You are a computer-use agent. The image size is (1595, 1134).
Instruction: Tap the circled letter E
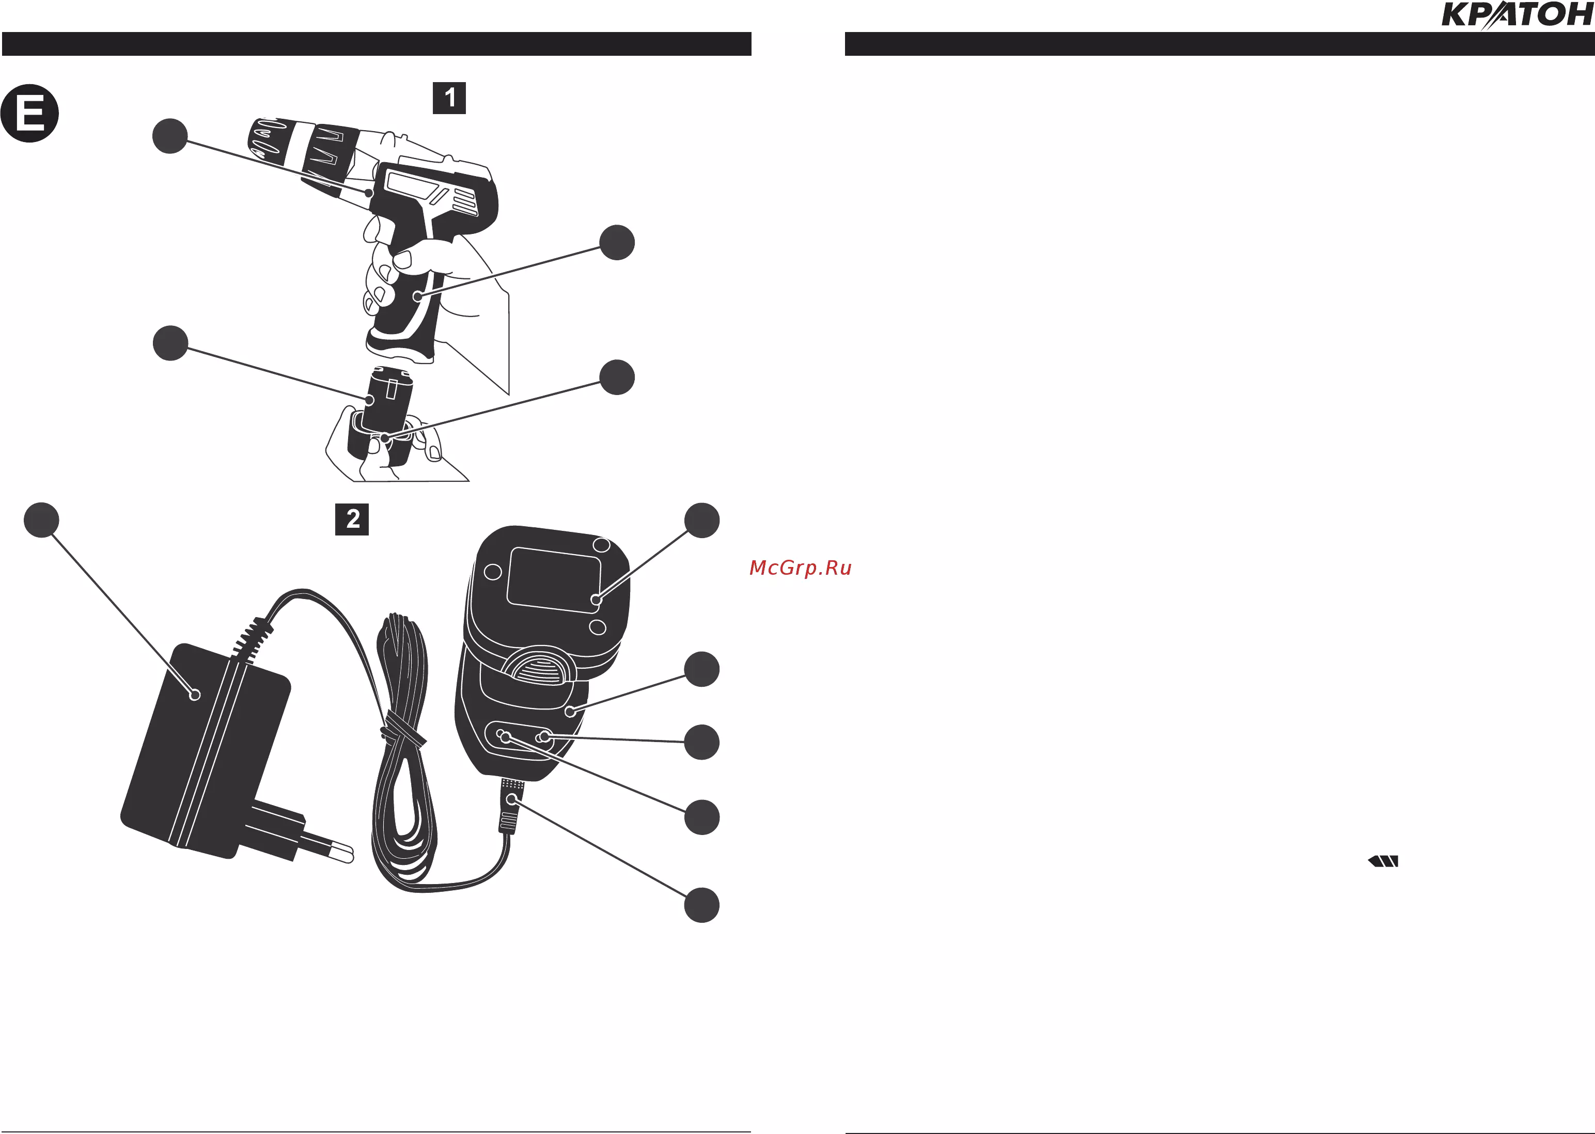click(x=29, y=113)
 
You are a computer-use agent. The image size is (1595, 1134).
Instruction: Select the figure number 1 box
click(x=449, y=98)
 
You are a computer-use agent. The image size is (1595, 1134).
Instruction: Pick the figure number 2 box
click(x=352, y=519)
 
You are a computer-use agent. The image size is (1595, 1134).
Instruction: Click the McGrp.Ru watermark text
click(x=800, y=568)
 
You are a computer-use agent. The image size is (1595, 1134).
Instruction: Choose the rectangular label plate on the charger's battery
click(x=554, y=579)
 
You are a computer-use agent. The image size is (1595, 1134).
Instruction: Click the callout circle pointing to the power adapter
click(x=41, y=520)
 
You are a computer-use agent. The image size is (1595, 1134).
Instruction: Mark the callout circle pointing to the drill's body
click(x=170, y=135)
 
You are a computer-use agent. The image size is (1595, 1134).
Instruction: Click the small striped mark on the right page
click(x=1383, y=861)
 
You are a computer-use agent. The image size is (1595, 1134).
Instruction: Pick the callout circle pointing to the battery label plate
click(x=702, y=520)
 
